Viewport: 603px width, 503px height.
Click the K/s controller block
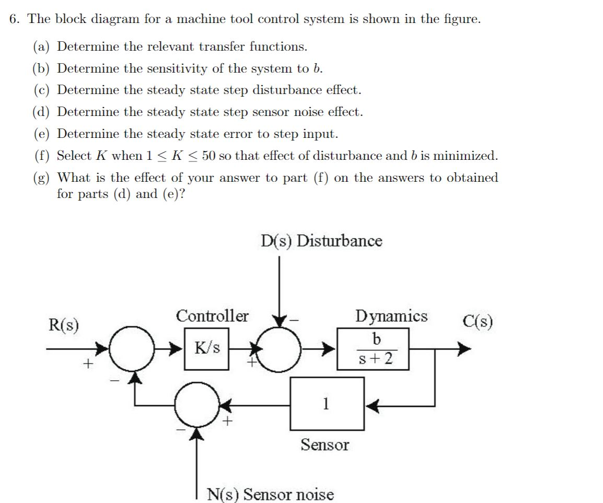[x=207, y=348]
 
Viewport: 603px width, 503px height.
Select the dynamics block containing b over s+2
[x=372, y=348]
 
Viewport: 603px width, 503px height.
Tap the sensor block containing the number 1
[x=327, y=403]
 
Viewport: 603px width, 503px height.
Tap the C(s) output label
[x=478, y=321]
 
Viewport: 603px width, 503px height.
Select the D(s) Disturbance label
[x=321, y=241]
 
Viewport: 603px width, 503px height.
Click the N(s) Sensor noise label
[x=270, y=494]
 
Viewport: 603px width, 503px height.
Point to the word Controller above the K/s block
[x=212, y=316]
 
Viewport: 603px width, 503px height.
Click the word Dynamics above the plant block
[x=391, y=316]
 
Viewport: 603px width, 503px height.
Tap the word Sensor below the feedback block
[x=324, y=445]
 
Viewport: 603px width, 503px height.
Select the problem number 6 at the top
[x=14, y=19]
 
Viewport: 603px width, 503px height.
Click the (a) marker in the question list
[x=41, y=46]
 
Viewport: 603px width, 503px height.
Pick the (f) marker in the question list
[x=41, y=156]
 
